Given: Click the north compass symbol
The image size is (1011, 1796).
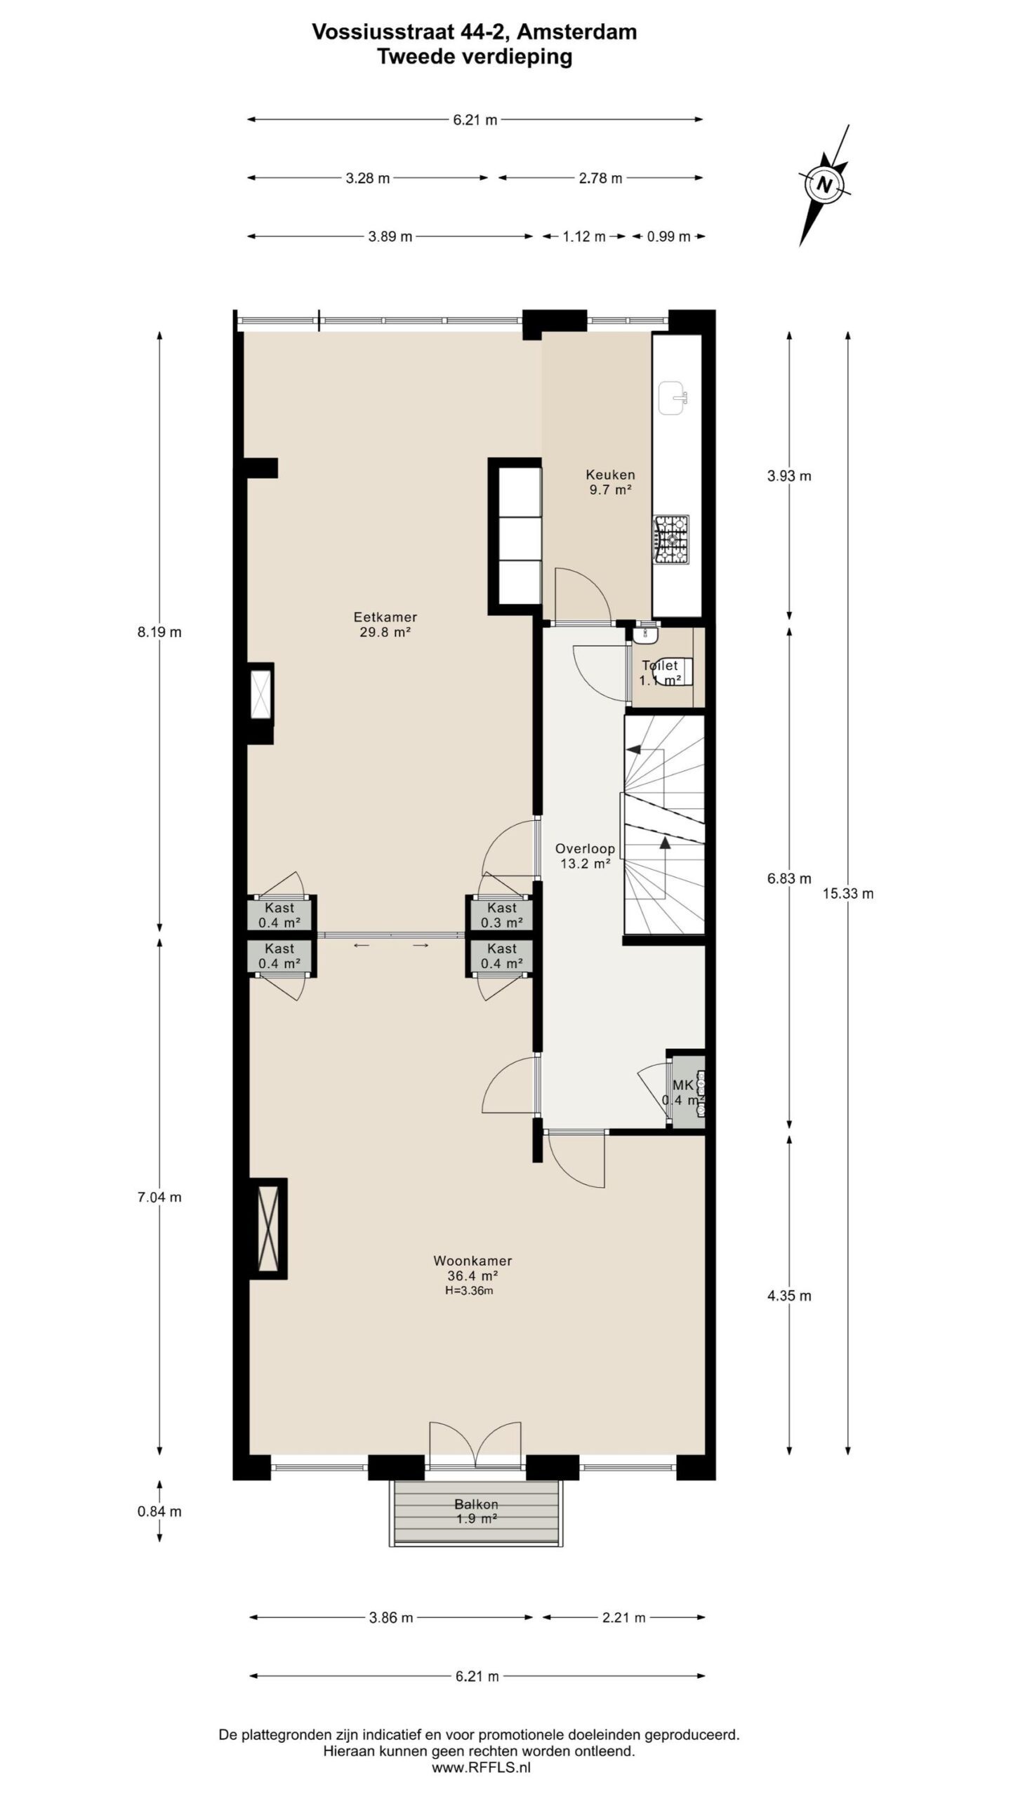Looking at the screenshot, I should click(x=824, y=185).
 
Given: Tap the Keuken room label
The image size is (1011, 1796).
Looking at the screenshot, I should click(x=610, y=475).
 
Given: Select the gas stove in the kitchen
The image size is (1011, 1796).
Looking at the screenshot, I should click(x=672, y=540).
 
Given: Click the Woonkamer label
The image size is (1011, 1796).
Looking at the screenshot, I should click(x=473, y=1261).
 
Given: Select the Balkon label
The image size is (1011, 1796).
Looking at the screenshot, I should click(x=476, y=1505).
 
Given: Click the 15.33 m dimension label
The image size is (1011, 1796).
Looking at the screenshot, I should click(x=848, y=894).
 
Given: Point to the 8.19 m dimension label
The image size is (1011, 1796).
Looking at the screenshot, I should click(x=159, y=632).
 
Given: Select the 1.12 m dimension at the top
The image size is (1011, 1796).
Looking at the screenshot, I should click(x=583, y=236).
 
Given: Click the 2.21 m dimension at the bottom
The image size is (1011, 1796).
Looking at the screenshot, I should click(x=623, y=1618).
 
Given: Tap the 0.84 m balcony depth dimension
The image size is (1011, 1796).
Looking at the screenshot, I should click(x=159, y=1512).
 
